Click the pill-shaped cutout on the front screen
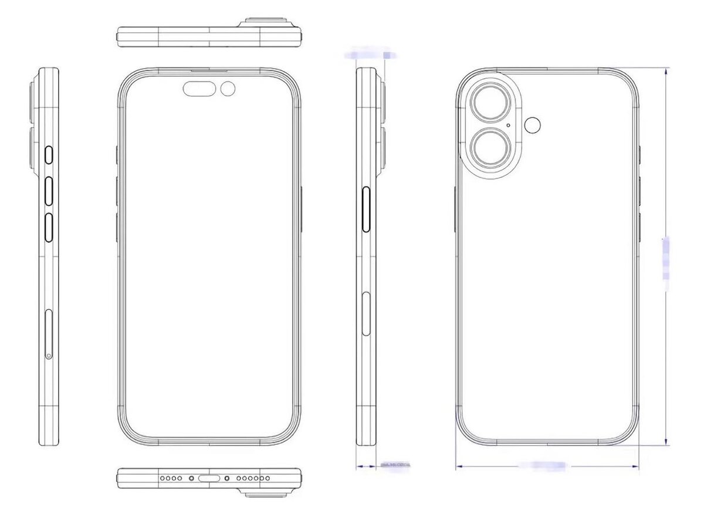[x=199, y=89]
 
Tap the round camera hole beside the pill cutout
[x=228, y=89]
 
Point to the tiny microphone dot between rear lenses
[x=507, y=124]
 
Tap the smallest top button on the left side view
[x=49, y=156]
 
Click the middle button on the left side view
[x=49, y=191]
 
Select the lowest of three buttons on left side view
[x=49, y=227]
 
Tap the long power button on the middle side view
[x=367, y=210]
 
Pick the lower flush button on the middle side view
[x=367, y=315]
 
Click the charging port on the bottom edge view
[x=209, y=478]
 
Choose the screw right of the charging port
[x=227, y=478]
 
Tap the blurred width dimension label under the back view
[x=542, y=465]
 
